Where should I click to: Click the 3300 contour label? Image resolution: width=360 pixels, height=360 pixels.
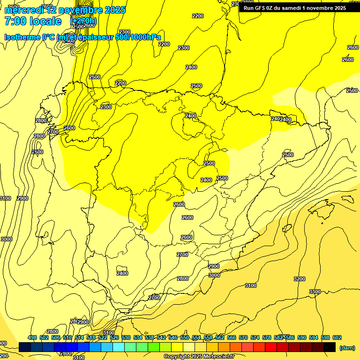click(x=315, y=292)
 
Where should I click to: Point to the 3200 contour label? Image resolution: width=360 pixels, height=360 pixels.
click(x=300, y=279)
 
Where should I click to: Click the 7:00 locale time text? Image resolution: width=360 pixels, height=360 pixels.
click(x=33, y=21)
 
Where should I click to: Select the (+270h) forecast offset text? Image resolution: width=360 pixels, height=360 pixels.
click(x=83, y=21)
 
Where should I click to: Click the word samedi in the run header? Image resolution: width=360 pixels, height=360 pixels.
click(x=292, y=8)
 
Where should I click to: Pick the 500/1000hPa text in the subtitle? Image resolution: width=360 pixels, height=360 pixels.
click(x=138, y=37)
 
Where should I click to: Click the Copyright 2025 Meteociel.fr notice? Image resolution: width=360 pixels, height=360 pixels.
click(x=199, y=357)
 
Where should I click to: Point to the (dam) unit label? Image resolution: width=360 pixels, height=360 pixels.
click(x=347, y=348)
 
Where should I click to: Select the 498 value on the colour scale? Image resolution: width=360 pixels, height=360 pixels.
click(x=32, y=337)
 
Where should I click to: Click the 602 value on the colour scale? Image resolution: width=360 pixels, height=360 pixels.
click(x=337, y=337)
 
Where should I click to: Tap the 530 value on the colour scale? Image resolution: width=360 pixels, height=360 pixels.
click(x=126, y=337)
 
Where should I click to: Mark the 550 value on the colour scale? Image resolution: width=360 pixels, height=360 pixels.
click(x=185, y=337)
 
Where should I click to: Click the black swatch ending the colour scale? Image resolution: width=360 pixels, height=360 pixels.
click(x=330, y=347)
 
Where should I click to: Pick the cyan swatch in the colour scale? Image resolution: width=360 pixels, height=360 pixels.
click(x=119, y=347)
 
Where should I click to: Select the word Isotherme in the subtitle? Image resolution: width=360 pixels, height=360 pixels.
click(x=21, y=37)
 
